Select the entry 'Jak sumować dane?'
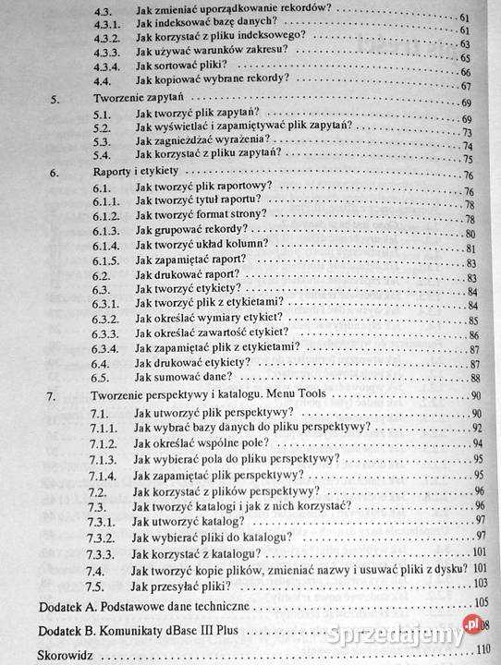(182, 378)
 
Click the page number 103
(479, 584)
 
